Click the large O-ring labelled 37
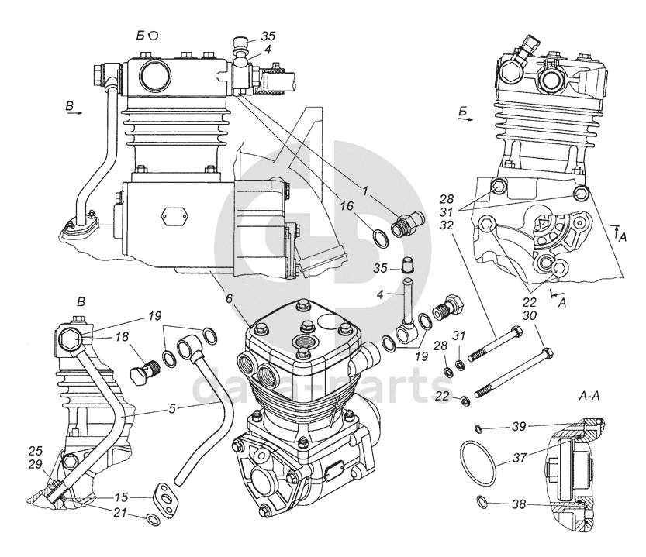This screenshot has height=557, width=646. [x=478, y=464]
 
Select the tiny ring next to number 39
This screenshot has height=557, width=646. [x=478, y=429]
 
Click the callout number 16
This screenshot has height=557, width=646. [x=347, y=205]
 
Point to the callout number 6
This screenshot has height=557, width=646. [x=229, y=298]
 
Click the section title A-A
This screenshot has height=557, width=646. [x=589, y=396]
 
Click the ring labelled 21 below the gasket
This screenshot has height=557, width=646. [x=154, y=520]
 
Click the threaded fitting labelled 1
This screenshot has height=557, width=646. [x=407, y=224]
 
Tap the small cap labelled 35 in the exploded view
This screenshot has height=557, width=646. [x=407, y=265]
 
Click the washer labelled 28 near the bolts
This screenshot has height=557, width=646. [x=448, y=372]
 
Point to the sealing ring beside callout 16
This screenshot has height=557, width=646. [x=381, y=238]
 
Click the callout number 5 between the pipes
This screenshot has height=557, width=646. [x=172, y=409]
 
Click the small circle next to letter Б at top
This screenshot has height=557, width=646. [x=154, y=36]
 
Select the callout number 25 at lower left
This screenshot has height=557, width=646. [x=35, y=450]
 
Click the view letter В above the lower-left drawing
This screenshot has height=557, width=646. [x=81, y=302]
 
